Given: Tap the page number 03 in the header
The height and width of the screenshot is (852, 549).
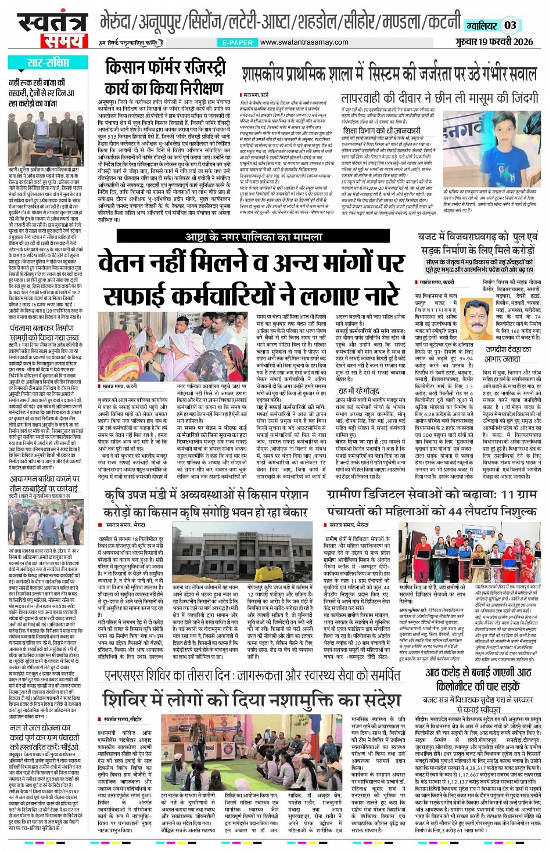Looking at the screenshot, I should [510, 25].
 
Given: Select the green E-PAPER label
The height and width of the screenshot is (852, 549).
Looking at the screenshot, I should [238, 42].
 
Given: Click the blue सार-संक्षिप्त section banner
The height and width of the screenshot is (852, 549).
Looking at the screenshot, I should [48, 63].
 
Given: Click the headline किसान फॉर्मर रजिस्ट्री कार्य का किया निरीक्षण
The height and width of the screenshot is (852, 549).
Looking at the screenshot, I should [165, 77].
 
